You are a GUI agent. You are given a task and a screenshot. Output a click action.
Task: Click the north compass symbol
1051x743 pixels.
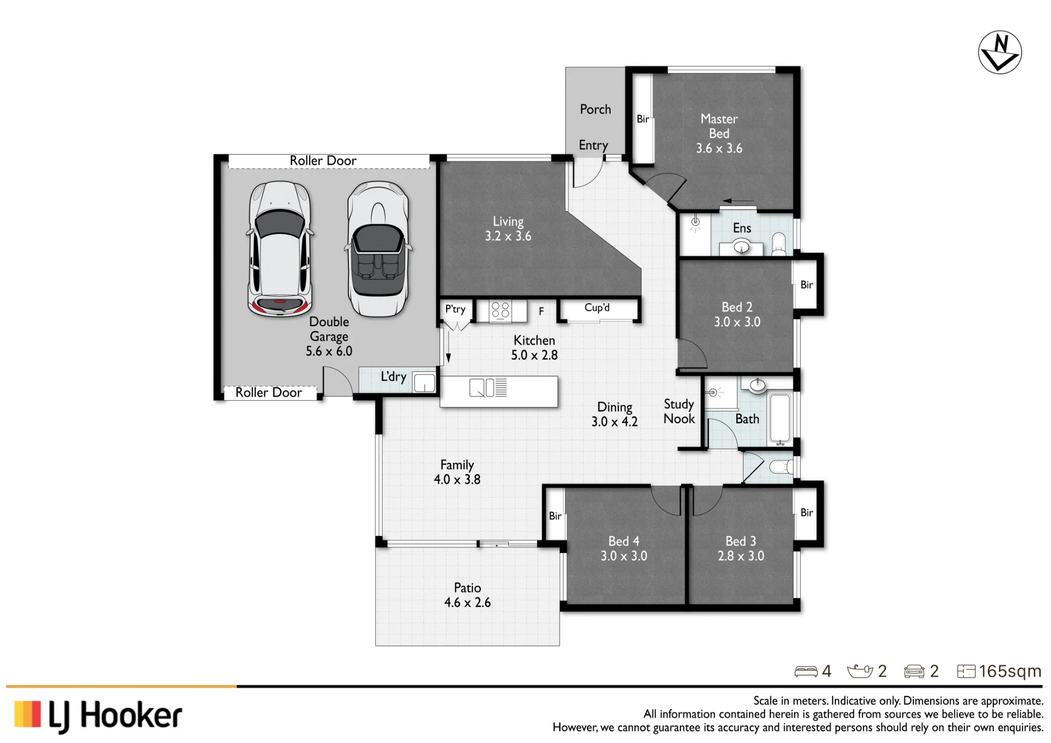pos(1000,52)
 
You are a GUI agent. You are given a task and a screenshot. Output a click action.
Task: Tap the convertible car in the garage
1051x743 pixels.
pos(378,249)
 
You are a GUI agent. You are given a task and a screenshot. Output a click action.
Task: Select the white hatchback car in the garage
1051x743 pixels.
pos(280,249)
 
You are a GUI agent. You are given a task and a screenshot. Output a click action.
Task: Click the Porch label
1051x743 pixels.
pos(595,109)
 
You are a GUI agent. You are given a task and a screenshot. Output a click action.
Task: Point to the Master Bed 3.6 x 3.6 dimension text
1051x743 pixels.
pos(719,148)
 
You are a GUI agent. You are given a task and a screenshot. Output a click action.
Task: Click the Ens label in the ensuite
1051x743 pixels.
pos(742,228)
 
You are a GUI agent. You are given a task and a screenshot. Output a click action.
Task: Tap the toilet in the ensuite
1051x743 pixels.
pos(779,244)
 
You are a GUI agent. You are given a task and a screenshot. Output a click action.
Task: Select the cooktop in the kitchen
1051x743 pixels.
pos(500,311)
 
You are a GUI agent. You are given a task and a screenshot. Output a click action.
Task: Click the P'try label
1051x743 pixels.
pos(455,309)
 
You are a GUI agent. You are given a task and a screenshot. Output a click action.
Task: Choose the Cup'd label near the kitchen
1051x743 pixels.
pos(597,307)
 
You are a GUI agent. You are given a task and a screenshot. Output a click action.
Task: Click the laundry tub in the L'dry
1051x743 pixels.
pos(424,382)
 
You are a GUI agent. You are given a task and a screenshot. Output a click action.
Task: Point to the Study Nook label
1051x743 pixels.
pos(679,411)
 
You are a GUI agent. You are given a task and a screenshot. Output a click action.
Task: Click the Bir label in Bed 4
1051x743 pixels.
pos(555,516)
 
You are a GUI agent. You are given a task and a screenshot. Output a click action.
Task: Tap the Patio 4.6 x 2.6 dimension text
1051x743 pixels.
pos(467,603)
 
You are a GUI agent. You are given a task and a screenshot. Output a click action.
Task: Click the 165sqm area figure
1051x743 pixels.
pos(1010,671)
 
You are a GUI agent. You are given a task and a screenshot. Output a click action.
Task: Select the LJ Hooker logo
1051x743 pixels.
pos(98,716)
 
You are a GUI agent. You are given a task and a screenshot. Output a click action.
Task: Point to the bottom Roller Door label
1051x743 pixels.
pos(269,393)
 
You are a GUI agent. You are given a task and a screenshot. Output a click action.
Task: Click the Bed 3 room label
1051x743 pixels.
pos(740,541)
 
